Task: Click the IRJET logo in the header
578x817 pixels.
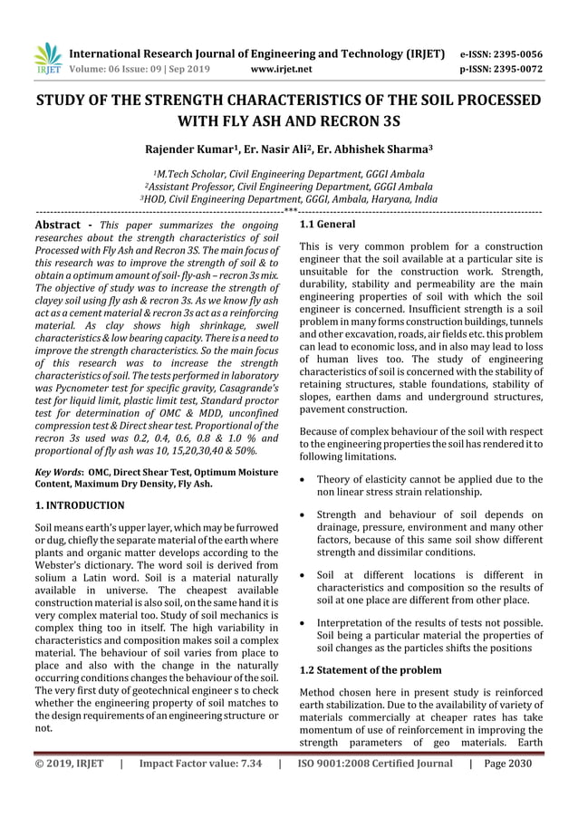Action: point(47,58)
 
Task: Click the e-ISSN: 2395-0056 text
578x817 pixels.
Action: point(515,53)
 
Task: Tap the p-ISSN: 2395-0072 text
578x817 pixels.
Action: point(515,68)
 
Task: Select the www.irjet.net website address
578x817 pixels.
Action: point(280,68)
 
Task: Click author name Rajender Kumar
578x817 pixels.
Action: point(185,148)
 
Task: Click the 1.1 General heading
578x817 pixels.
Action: point(327,224)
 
